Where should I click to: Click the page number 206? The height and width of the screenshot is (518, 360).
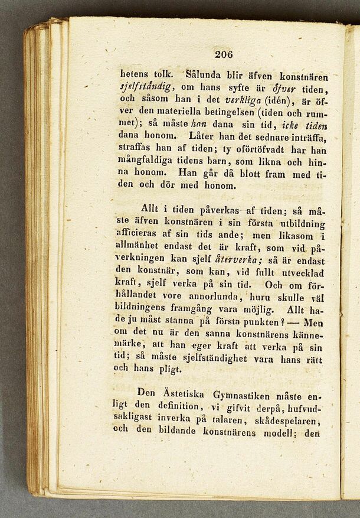[x=224, y=54]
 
